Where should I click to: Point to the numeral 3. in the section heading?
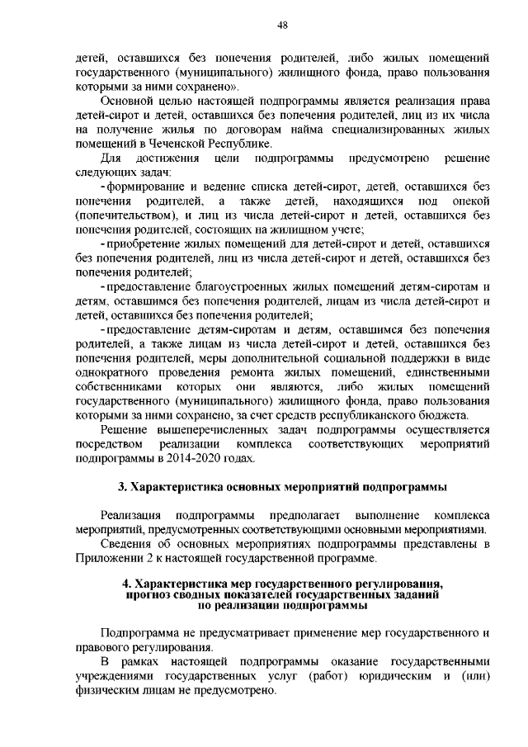(122, 485)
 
